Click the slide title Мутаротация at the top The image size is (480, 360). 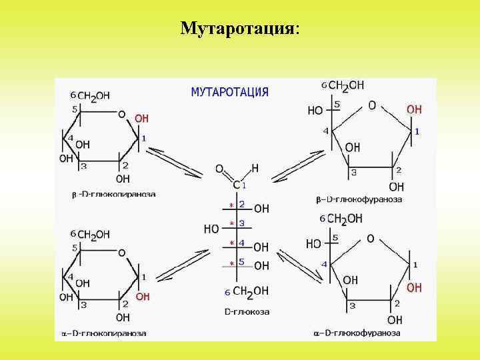click(239, 29)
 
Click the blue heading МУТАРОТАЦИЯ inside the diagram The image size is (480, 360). click(229, 92)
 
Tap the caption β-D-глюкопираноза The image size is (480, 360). click(114, 195)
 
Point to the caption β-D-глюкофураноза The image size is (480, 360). click(359, 199)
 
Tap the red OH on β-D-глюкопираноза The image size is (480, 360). click(142, 119)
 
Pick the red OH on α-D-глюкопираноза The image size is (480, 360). click(142, 297)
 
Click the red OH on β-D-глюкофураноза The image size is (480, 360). click(414, 109)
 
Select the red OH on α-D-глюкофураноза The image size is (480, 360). click(414, 287)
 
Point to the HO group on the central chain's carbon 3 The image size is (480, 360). click(211, 229)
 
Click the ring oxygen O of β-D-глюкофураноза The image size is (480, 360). click(371, 105)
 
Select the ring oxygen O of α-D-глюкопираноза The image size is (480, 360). click(121, 253)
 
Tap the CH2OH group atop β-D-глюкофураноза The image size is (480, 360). click(346, 86)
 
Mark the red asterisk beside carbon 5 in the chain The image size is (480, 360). click(231, 264)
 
